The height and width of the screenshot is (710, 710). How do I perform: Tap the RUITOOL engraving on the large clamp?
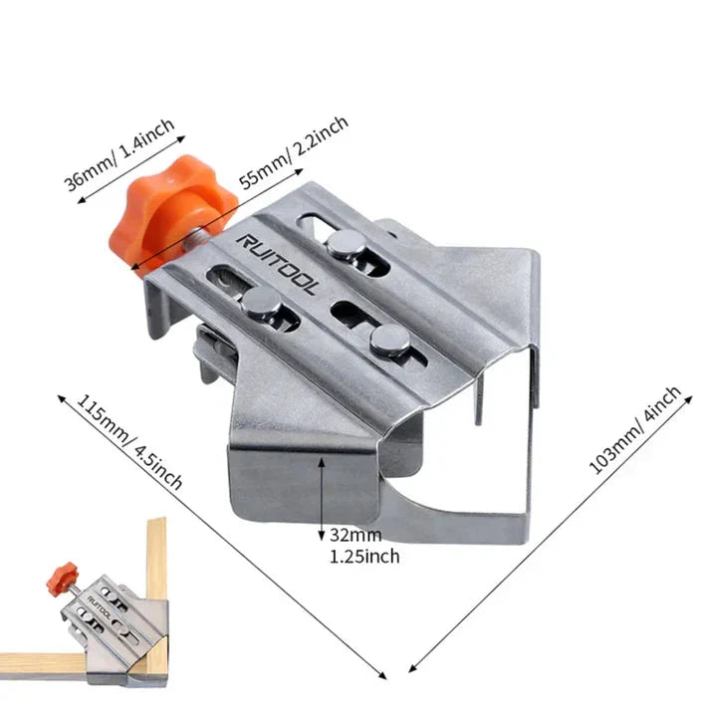tap(279, 263)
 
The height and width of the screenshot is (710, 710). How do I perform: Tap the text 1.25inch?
tap(364, 556)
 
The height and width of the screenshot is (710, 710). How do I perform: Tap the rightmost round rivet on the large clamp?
tap(389, 341)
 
